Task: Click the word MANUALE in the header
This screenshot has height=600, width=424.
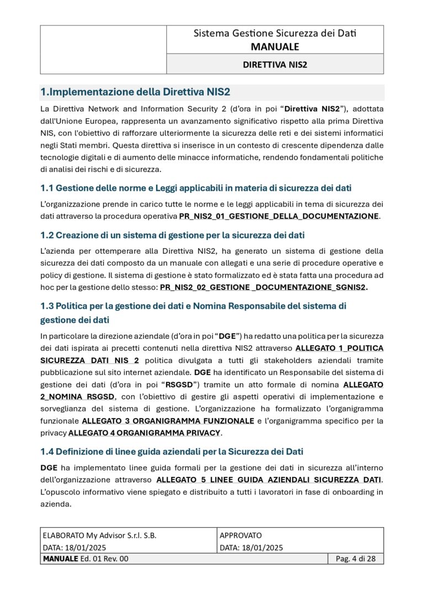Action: [x=274, y=46]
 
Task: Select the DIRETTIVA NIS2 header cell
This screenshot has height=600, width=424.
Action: [x=274, y=64]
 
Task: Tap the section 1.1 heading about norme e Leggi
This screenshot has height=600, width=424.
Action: [x=196, y=188]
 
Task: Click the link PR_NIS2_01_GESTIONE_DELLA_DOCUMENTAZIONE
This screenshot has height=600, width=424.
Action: [x=279, y=215]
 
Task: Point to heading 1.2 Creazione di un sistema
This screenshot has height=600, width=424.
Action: [x=172, y=235]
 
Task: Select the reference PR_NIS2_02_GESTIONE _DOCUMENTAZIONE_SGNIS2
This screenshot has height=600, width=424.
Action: [x=263, y=287]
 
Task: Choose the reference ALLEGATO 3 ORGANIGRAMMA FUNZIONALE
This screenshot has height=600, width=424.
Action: [x=168, y=421]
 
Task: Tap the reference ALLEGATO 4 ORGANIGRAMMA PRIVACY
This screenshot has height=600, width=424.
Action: [x=144, y=433]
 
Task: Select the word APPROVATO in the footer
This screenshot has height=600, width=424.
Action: [x=241, y=535]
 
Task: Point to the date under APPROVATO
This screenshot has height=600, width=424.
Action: [x=251, y=548]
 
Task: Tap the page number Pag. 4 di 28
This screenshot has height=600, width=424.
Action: [x=356, y=559]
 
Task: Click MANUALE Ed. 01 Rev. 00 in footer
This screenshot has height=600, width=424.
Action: [x=86, y=559]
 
